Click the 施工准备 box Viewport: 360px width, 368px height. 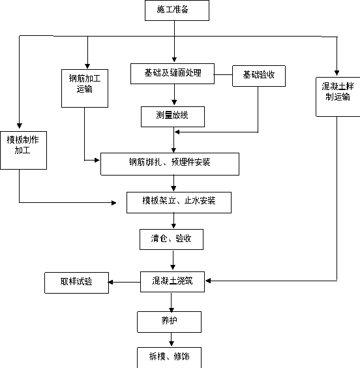(177, 10)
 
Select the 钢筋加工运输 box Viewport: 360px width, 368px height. (85, 88)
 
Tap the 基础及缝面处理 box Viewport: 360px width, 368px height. (172, 74)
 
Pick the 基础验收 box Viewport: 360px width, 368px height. (259, 76)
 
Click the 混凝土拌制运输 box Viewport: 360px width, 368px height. (338, 97)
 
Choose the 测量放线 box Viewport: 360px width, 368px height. (173, 117)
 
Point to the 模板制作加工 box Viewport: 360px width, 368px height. (23, 150)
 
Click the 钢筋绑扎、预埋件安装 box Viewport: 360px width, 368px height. (170, 164)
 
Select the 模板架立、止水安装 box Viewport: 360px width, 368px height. (179, 202)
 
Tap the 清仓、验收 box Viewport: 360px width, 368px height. (172, 239)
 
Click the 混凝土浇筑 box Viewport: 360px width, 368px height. (172, 282)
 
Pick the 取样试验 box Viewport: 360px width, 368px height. (77, 283)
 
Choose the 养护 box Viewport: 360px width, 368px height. (169, 322)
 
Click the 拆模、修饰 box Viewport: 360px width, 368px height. (169, 358)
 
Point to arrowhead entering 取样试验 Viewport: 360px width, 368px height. (111, 282)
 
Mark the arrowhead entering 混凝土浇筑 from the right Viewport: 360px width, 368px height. (208, 281)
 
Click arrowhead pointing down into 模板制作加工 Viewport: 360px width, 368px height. (19, 125)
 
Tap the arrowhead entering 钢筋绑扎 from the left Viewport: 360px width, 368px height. (97, 161)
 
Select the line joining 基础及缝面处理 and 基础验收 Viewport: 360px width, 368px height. (223, 75)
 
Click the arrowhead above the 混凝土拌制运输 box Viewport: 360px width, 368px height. (337, 73)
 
